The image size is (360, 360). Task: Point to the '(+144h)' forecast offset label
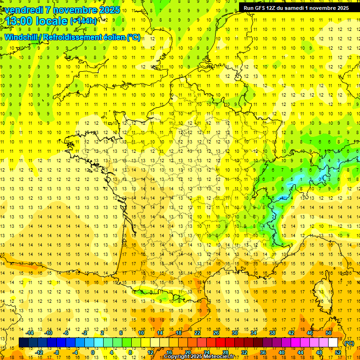tap(83, 21)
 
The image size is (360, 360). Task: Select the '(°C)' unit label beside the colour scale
tap(349, 343)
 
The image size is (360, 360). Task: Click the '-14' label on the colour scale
tap(30, 333)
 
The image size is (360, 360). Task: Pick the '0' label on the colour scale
tap(93, 352)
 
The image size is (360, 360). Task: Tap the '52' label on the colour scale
tap(337, 352)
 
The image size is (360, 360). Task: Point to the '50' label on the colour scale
tap(329, 333)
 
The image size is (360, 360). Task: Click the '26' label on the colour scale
tap(216, 333)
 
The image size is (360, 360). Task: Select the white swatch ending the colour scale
tap(333, 343)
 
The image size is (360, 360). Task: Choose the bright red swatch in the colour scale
tap(220, 343)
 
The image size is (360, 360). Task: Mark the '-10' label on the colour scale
tap(48, 333)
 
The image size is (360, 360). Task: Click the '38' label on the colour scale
tap(272, 333)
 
